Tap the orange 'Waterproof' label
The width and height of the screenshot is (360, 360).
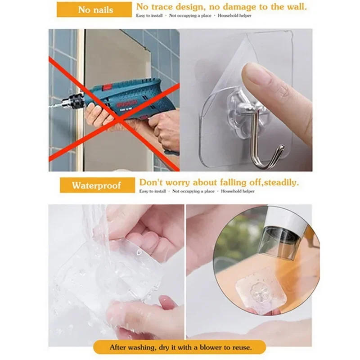pos(97,185)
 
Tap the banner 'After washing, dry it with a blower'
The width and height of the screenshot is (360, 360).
pos(180,347)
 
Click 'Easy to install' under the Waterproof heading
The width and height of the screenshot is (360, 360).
pos(150,191)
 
